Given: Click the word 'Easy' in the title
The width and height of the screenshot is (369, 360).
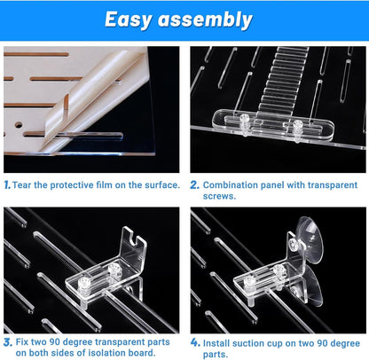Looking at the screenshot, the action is pyautogui.click(x=129, y=20).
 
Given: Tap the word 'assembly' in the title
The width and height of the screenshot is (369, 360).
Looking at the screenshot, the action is pyautogui.click(x=205, y=20).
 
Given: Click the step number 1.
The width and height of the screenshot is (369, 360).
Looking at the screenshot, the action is pyautogui.click(x=7, y=185).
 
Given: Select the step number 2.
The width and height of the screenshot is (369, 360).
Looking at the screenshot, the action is pyautogui.click(x=194, y=185).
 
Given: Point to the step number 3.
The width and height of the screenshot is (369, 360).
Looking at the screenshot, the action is pyautogui.click(x=8, y=342).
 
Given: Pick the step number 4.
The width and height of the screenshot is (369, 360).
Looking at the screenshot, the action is pyautogui.click(x=195, y=342).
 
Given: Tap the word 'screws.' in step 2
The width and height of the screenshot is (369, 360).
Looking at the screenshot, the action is pyautogui.click(x=219, y=196).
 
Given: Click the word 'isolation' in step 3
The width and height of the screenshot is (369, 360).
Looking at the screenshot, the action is pyautogui.click(x=107, y=353).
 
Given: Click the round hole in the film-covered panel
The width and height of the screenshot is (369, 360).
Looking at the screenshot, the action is pyautogui.click(x=19, y=125).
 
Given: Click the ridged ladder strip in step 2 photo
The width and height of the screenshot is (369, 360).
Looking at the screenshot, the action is pyautogui.click(x=281, y=80).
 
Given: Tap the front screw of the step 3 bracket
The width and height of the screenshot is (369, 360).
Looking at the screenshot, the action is pyautogui.click(x=83, y=286).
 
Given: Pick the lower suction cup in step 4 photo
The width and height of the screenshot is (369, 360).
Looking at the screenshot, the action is pyautogui.click(x=308, y=286).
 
